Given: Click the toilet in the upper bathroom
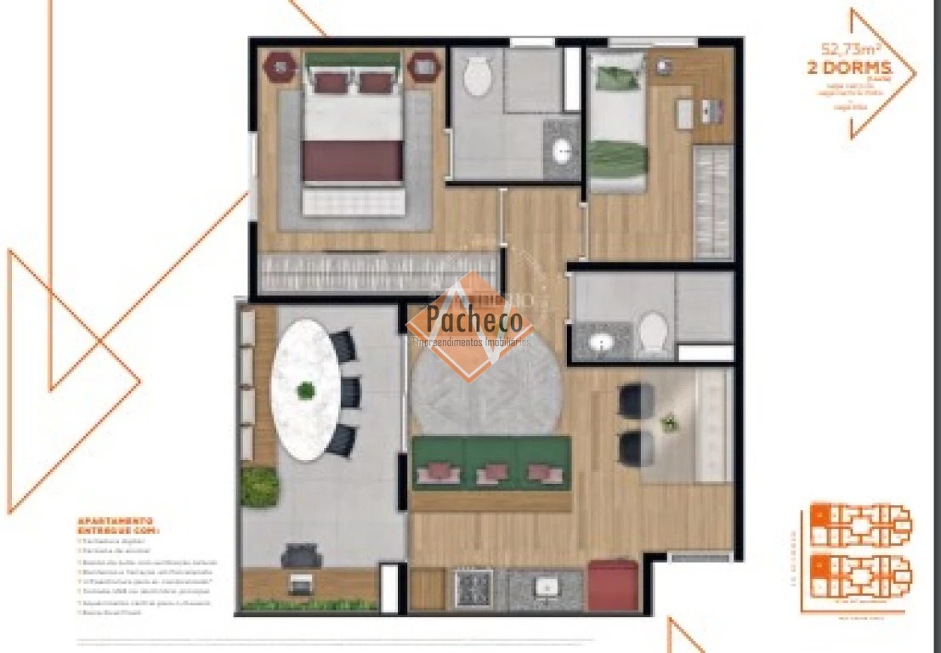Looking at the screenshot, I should point(478,77).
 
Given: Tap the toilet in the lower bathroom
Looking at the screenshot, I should point(654,334).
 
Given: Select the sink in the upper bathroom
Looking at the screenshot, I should point(563,152).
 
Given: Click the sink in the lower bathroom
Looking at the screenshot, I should point(602,343).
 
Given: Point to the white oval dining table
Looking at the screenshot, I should point(303,390).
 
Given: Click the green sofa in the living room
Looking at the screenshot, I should point(491,463).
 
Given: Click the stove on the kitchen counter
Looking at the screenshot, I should point(473,587).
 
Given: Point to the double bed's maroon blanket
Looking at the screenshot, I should point(352,161).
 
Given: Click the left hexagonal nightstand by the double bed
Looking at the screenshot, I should point(280,66).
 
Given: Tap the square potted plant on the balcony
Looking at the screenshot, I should point(259,485).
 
